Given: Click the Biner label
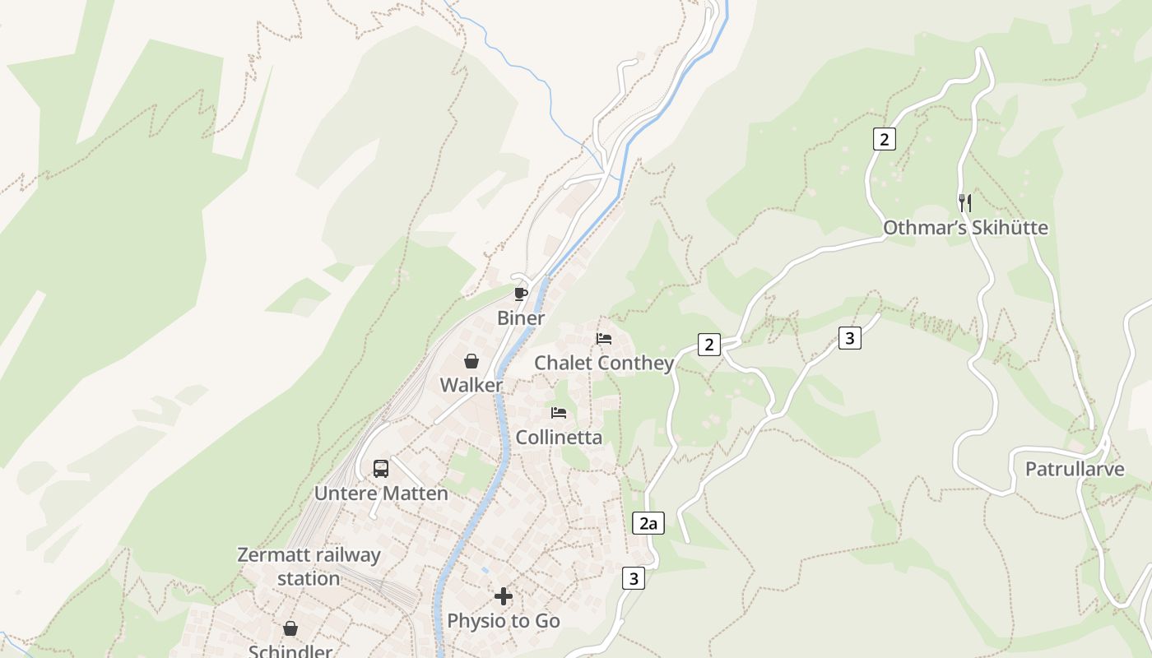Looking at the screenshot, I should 521,318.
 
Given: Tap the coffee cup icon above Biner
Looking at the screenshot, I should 520,294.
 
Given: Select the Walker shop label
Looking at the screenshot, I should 471,385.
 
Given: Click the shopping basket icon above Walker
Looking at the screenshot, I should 471,361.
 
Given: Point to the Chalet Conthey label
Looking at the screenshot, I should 604,363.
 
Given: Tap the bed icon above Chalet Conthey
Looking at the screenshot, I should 604,339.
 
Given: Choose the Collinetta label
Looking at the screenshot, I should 559,437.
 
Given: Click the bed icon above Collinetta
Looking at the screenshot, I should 559,412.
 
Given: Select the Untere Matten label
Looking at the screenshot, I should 381,493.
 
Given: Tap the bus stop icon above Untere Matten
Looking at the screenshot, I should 380,469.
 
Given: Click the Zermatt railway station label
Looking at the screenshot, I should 309,567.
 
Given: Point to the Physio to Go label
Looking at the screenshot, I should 504,621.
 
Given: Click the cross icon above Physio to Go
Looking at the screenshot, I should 504,596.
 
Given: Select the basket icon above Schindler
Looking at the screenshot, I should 290,629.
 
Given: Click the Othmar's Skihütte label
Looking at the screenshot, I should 965,228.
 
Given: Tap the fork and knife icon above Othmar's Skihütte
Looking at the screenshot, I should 965,202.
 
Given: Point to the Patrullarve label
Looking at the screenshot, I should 1075,470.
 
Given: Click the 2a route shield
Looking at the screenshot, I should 648,523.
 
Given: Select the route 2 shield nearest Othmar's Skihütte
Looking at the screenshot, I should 884,139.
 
